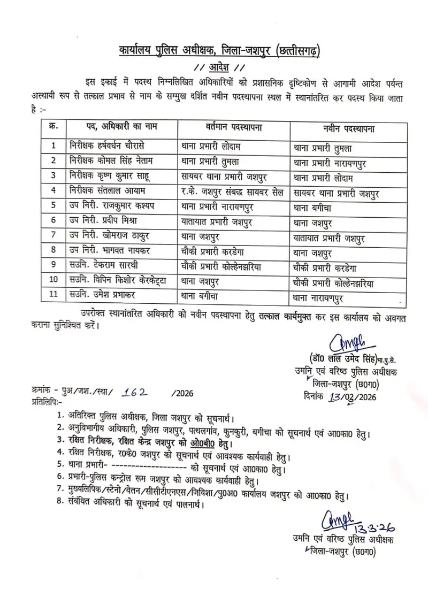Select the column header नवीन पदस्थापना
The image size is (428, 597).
coord(348,129)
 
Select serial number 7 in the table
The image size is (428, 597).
coord(53,236)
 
